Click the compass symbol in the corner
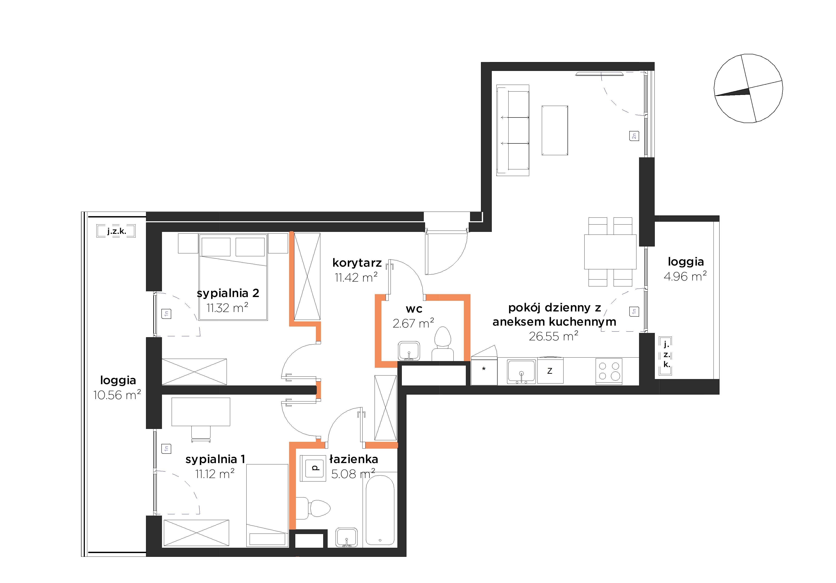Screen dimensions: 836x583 tap(748, 88)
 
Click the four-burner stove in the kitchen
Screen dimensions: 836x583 tap(609, 371)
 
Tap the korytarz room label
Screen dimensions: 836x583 tap(357, 262)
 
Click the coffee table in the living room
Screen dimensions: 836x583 tap(554, 130)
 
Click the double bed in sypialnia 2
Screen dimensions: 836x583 tap(233, 277)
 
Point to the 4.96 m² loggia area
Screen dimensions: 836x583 tap(685, 277)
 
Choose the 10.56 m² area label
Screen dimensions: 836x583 tap(117, 395)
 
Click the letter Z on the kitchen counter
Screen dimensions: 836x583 tap(550, 371)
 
